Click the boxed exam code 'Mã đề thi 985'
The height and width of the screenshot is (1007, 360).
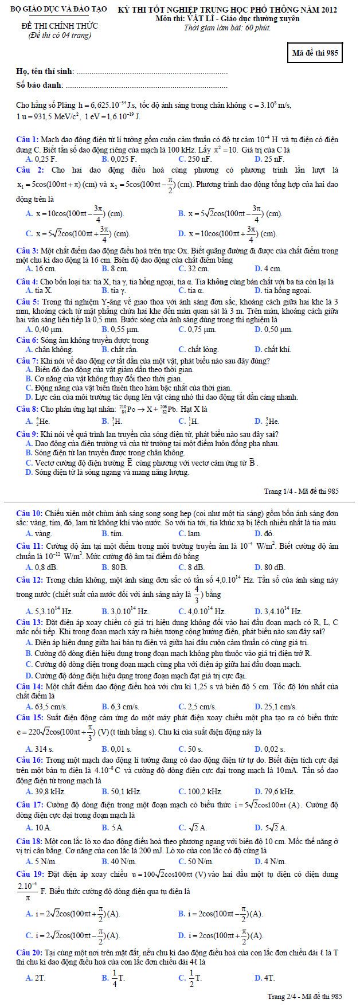pyautogui.click(x=315, y=53)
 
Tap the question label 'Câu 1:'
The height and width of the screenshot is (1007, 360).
pyautogui.click(x=28, y=139)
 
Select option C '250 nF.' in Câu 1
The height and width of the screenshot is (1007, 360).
pyautogui.click(x=195, y=159)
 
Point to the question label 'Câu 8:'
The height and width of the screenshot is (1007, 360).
pyautogui.click(x=28, y=409)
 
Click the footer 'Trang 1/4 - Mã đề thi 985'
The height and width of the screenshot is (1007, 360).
pyautogui.click(x=302, y=491)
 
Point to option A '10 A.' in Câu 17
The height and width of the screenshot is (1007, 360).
pyautogui.click(x=39, y=828)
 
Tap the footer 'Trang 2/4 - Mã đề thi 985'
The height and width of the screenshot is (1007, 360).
pyautogui.click(x=305, y=997)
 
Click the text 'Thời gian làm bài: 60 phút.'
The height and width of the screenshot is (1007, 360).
pyautogui.click(x=228, y=28)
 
